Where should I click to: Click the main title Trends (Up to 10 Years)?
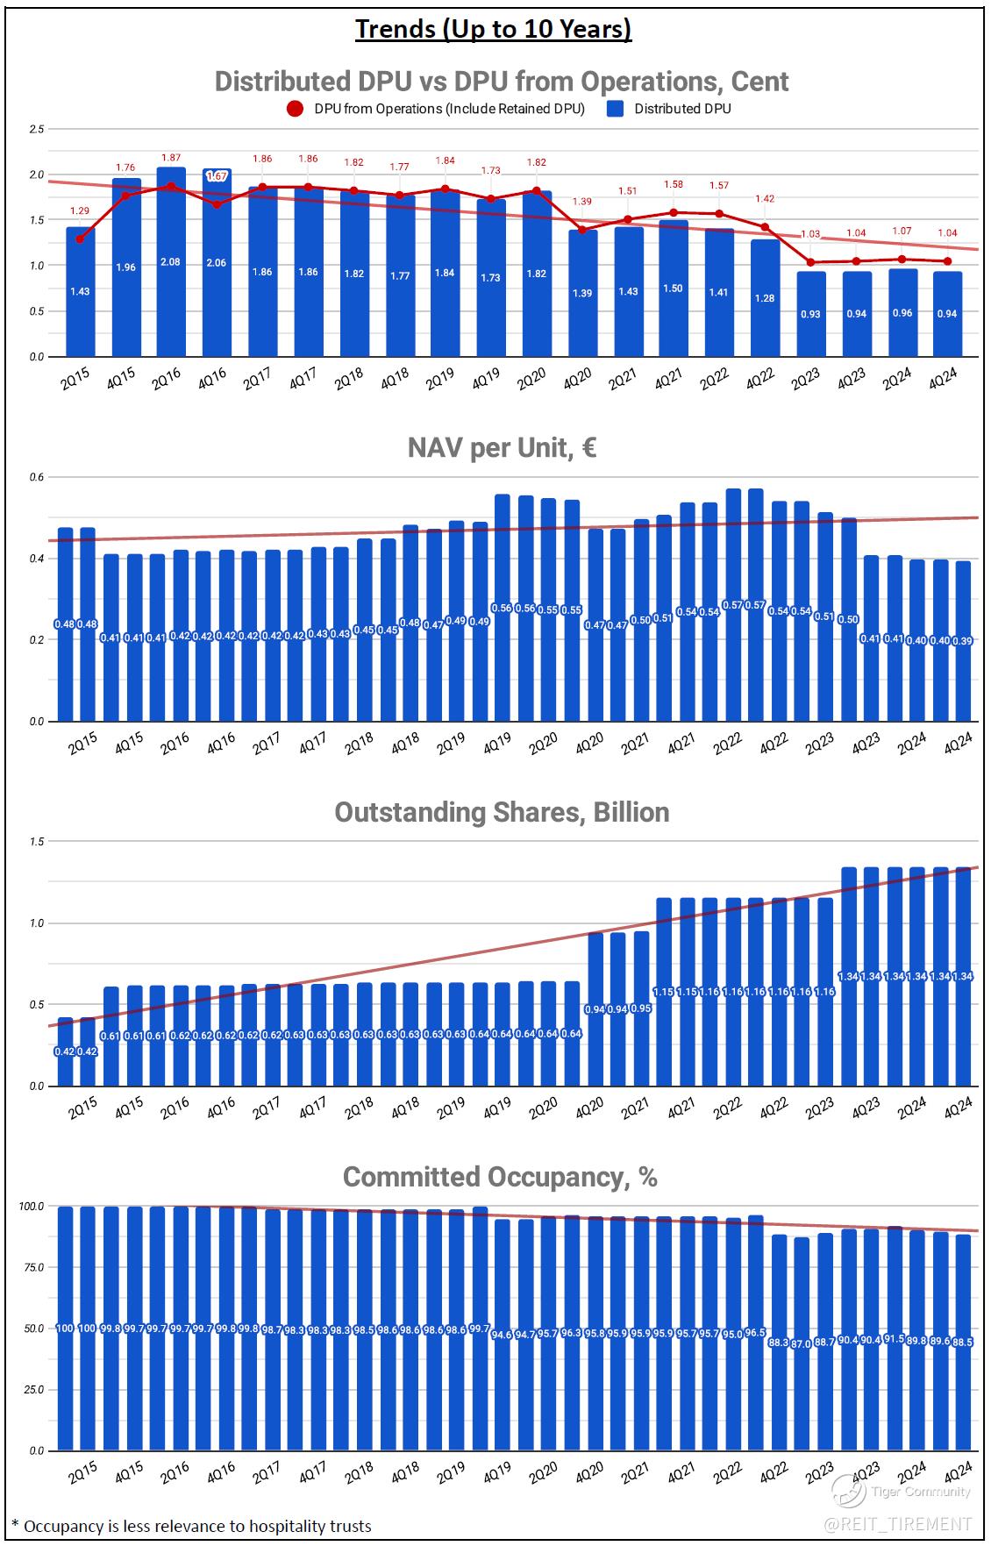pos(493,29)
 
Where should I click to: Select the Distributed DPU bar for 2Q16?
pos(171,263)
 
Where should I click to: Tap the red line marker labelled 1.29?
pos(80,239)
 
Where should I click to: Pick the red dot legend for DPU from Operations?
pos(296,109)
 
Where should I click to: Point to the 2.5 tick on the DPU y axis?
pos(36,130)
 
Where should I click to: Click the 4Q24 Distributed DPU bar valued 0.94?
pos(946,314)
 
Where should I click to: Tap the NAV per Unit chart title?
pos(502,448)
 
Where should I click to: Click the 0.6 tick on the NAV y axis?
pos(36,477)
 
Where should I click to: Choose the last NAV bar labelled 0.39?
pos(962,641)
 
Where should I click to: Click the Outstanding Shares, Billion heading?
pos(502,812)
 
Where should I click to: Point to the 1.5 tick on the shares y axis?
pos(36,842)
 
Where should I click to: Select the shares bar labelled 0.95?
pos(641,1008)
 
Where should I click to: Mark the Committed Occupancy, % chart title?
pos(500,1177)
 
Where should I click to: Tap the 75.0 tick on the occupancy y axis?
pos(32,1268)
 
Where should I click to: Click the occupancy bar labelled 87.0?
pos(801,1343)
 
